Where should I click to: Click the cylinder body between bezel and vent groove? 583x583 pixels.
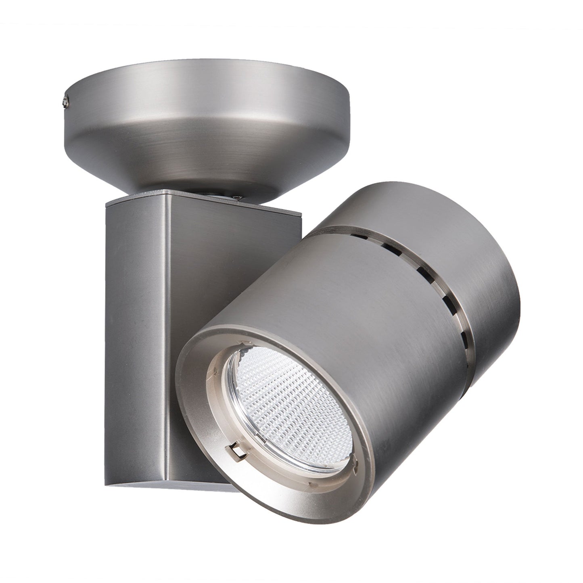pyautogui.click(x=363, y=323)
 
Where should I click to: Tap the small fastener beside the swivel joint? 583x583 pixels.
pyautogui.click(x=239, y=197)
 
